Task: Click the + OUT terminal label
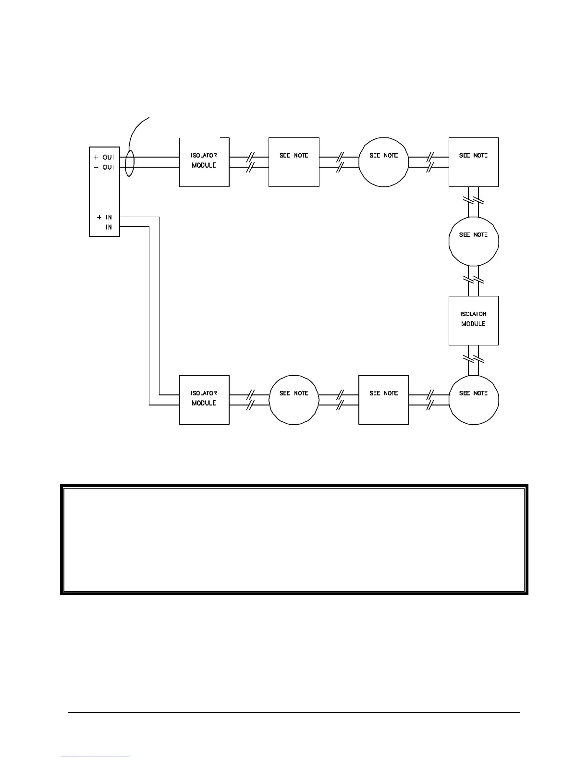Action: pos(104,158)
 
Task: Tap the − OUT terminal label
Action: pos(104,167)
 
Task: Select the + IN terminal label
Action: pos(104,218)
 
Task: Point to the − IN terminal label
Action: pos(104,227)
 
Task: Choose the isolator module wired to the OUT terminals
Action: pos(204,162)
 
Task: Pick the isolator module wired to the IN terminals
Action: pos(204,400)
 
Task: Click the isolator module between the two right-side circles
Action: pos(474,320)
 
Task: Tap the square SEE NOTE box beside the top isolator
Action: pos(294,162)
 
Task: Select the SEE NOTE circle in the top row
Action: pos(383,162)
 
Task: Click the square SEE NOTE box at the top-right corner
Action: pos(474,162)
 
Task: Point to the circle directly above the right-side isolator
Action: pos(474,241)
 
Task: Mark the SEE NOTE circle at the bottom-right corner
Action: pos(474,400)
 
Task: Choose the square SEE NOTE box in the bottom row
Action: pos(383,400)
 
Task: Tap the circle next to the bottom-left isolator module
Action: pos(294,400)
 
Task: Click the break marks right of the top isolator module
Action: pos(249,162)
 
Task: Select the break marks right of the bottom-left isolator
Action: pos(249,400)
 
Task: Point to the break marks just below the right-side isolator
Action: pos(473,358)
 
